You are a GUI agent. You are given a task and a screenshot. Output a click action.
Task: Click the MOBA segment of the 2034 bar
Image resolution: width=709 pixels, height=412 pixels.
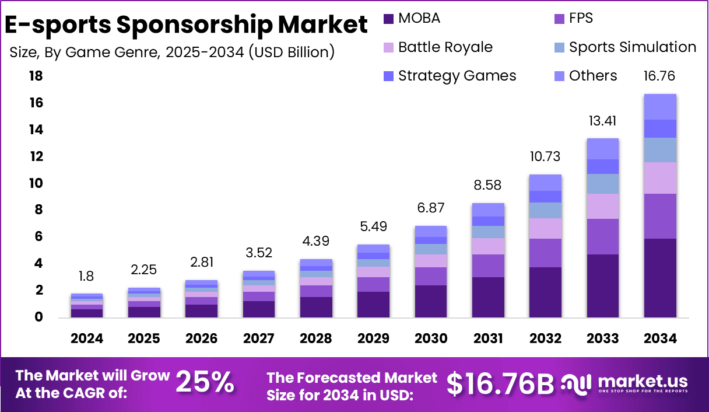[660, 278]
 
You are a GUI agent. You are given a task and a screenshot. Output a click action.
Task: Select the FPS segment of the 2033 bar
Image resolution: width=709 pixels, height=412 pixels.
[603, 236]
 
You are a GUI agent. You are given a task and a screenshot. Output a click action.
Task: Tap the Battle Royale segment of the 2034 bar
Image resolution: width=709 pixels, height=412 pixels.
[660, 178]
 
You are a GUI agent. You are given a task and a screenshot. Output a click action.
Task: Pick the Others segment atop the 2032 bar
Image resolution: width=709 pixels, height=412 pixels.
[546, 183]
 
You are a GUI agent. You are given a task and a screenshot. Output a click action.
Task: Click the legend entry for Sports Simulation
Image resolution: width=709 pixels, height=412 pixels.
[633, 47]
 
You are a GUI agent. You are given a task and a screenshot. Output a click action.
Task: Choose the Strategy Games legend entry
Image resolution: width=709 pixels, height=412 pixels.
[457, 76]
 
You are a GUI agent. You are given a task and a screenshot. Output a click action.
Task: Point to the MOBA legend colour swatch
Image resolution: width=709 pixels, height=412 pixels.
[389, 19]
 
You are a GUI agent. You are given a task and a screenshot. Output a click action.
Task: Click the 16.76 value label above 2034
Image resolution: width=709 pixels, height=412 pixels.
[660, 76]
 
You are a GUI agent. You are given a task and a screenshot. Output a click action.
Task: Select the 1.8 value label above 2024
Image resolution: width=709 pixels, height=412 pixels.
[87, 277]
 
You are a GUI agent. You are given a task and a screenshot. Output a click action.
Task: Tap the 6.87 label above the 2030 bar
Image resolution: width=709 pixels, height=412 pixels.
[431, 208]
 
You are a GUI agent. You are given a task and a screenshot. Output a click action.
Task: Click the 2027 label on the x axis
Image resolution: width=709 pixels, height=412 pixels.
[259, 339]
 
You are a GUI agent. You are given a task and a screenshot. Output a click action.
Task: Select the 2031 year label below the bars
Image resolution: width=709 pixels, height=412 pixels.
[488, 339]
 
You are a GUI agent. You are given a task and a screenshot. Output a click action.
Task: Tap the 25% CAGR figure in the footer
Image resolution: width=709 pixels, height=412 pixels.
[205, 383]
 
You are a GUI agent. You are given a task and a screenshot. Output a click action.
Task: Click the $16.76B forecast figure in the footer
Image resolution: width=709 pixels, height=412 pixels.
[500, 383]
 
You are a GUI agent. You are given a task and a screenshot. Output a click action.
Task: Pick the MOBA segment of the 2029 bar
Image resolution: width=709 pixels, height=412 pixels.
[373, 305]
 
